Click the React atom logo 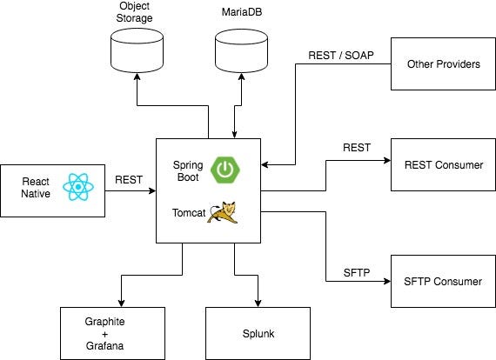(78, 187)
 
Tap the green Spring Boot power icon (225, 170)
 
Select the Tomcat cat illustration (223, 212)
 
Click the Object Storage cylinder (137, 50)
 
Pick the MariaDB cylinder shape (241, 50)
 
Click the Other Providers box (443, 63)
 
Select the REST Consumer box (443, 164)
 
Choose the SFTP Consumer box (443, 281)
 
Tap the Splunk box (258, 333)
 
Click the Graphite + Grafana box (112, 333)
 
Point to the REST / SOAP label (341, 56)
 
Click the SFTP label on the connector (357, 272)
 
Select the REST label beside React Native (129, 180)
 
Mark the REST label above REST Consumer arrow (357, 148)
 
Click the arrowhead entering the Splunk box (258, 303)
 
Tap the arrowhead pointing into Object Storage (137, 77)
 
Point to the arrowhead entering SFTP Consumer (387, 281)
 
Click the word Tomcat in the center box (189, 213)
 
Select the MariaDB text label (242, 12)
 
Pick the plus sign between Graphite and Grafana (104, 334)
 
